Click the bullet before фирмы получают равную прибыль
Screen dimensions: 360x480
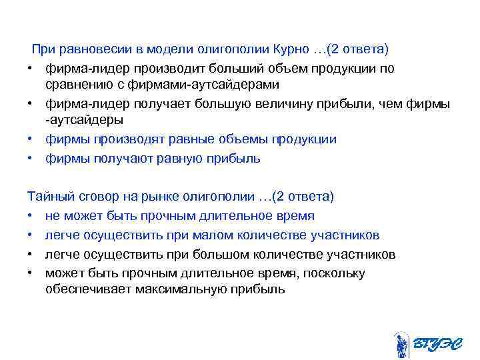click(31, 159)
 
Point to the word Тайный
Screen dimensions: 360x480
click(47, 197)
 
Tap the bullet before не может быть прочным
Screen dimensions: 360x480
click(31, 217)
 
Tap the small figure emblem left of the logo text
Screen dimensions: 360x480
click(401, 344)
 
